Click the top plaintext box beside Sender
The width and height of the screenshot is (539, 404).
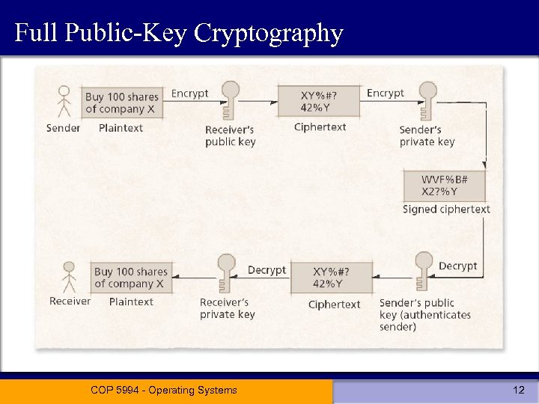click(121, 102)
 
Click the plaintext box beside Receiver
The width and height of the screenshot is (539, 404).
click(131, 278)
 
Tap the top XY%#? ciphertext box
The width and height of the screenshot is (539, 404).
click(318, 101)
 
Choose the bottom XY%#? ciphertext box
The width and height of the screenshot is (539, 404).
click(331, 278)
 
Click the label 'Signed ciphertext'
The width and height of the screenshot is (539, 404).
click(446, 209)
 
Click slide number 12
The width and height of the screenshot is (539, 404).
click(519, 390)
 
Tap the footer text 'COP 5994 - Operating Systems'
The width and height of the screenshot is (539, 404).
click(163, 390)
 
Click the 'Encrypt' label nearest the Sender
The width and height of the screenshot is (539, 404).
click(189, 94)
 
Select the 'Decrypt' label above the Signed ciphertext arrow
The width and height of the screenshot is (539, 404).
click(457, 266)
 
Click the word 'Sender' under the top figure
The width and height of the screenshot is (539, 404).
click(64, 128)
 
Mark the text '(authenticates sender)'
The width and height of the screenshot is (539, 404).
click(424, 320)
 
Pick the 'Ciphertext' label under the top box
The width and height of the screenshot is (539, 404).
click(320, 127)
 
